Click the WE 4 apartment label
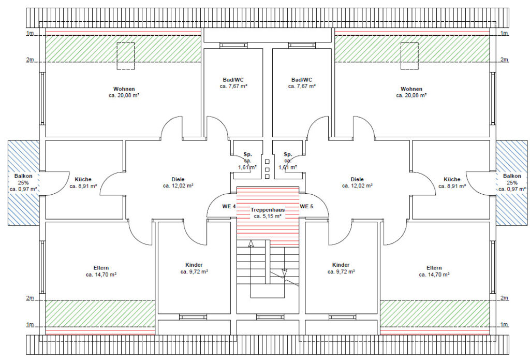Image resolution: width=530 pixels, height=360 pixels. (x=229, y=206)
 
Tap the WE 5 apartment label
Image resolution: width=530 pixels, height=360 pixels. (x=306, y=206)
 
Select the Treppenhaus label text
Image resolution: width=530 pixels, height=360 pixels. (x=268, y=210)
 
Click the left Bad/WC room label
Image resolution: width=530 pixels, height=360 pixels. (x=233, y=80)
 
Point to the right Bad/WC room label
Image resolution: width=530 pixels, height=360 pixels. (x=302, y=80)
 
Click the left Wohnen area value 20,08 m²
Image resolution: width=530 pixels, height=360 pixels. (x=124, y=95)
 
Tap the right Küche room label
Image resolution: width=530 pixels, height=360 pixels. (x=452, y=179)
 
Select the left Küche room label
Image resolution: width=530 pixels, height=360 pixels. (x=83, y=179)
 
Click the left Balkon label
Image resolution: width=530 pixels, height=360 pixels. (x=23, y=176)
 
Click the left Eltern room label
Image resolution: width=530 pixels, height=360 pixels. (x=101, y=268)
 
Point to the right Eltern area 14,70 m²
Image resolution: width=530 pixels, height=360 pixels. (x=434, y=275)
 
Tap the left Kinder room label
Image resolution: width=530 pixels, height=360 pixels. (x=194, y=265)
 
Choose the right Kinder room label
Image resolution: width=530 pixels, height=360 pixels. (x=341, y=265)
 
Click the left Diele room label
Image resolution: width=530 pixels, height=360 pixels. (x=178, y=179)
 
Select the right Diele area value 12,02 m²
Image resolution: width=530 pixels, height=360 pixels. (x=357, y=186)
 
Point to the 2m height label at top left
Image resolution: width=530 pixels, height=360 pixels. (x=30, y=60)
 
